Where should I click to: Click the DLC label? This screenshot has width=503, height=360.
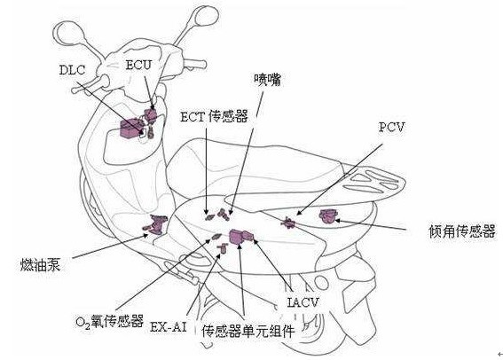pos(72,70)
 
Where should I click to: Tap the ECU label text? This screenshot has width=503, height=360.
pos(138,65)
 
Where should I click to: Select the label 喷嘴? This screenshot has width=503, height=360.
pos(268,80)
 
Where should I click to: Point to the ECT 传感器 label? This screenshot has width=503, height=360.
pos(214,116)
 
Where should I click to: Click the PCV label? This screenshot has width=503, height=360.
pos(392,127)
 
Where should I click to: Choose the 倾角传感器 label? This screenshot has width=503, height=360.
pos(462,231)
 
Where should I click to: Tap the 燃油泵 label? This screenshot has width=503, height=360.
pos(40,265)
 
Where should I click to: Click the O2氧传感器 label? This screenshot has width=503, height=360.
pos(110,321)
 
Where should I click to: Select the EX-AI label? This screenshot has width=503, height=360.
pos(169,327)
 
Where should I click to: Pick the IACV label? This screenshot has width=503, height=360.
pos(303,302)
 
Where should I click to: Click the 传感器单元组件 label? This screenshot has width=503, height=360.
pos(248,331)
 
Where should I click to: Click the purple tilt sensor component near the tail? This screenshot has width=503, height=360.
pos(328,215)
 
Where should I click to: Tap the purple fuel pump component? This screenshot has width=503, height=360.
pos(156,223)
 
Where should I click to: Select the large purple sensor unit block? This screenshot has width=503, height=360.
pos(238,237)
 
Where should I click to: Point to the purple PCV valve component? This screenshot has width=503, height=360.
pos(288,223)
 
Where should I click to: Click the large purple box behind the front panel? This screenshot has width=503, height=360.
pos(130,128)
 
